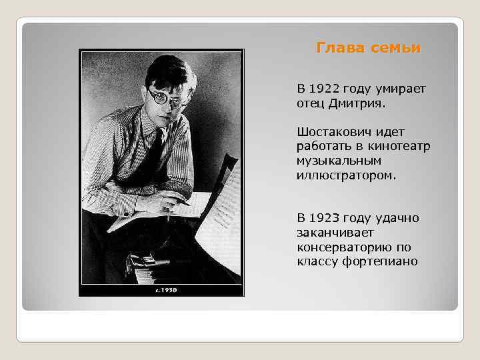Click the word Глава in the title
[337, 48]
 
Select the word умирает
[400, 89]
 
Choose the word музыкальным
[340, 161]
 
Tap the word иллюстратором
[347, 175]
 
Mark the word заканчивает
[335, 233]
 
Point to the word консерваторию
[346, 247]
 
